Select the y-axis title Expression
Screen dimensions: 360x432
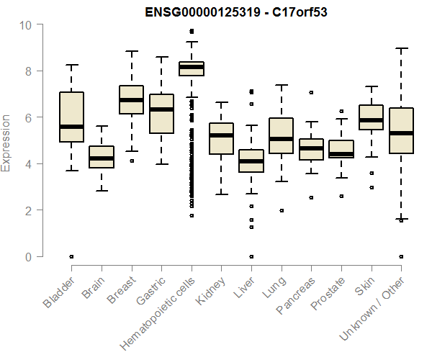(x=6, y=142)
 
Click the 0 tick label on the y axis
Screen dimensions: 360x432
(x=29, y=257)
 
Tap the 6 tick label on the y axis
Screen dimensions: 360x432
(x=29, y=118)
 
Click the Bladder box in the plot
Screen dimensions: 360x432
(x=71, y=117)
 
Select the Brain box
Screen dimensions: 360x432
(x=102, y=157)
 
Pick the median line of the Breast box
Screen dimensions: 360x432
(x=131, y=101)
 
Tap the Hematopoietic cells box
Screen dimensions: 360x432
(x=192, y=69)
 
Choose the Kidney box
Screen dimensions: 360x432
(x=221, y=138)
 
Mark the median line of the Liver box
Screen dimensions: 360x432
(x=251, y=161)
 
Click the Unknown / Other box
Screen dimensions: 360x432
(x=401, y=130)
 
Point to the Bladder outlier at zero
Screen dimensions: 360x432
(x=71, y=256)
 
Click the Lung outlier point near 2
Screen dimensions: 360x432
(x=282, y=211)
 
